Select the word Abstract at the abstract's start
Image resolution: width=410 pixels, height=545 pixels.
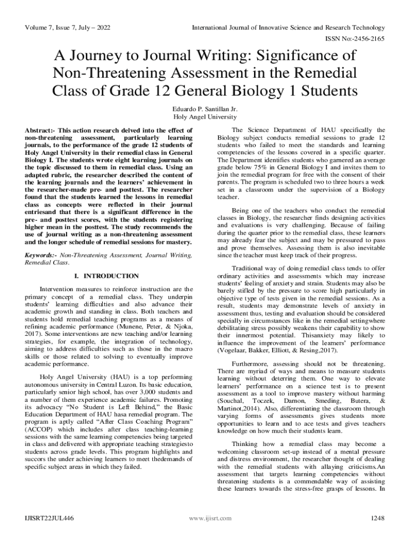click(39, 130)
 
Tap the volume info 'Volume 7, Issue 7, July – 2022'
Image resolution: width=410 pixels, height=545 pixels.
click(68, 27)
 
